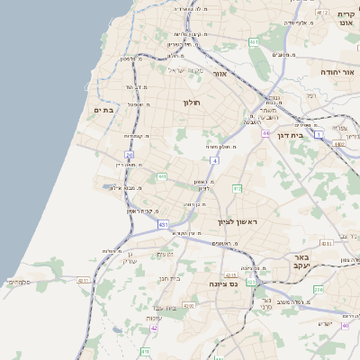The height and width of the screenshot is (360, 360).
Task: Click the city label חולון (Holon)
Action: pos(193,103)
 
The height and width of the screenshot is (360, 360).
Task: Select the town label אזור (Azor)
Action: pos(218,76)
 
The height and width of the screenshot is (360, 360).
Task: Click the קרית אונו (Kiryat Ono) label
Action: pos(346,17)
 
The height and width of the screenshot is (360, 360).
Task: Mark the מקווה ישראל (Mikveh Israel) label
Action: pos(186,70)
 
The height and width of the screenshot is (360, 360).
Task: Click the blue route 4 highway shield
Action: pos(215,160)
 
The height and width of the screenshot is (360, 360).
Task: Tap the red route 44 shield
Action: pos(265,133)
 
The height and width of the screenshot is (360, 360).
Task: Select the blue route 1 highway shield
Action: pos(319,133)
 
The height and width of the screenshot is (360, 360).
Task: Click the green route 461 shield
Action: pos(254,41)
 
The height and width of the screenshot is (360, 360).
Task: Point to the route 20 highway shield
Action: pos(130,156)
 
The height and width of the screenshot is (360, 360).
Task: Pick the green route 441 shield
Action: pos(162,176)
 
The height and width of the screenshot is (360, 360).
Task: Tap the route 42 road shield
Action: pos(154,328)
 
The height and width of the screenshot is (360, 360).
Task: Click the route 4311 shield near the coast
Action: pos(84,281)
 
